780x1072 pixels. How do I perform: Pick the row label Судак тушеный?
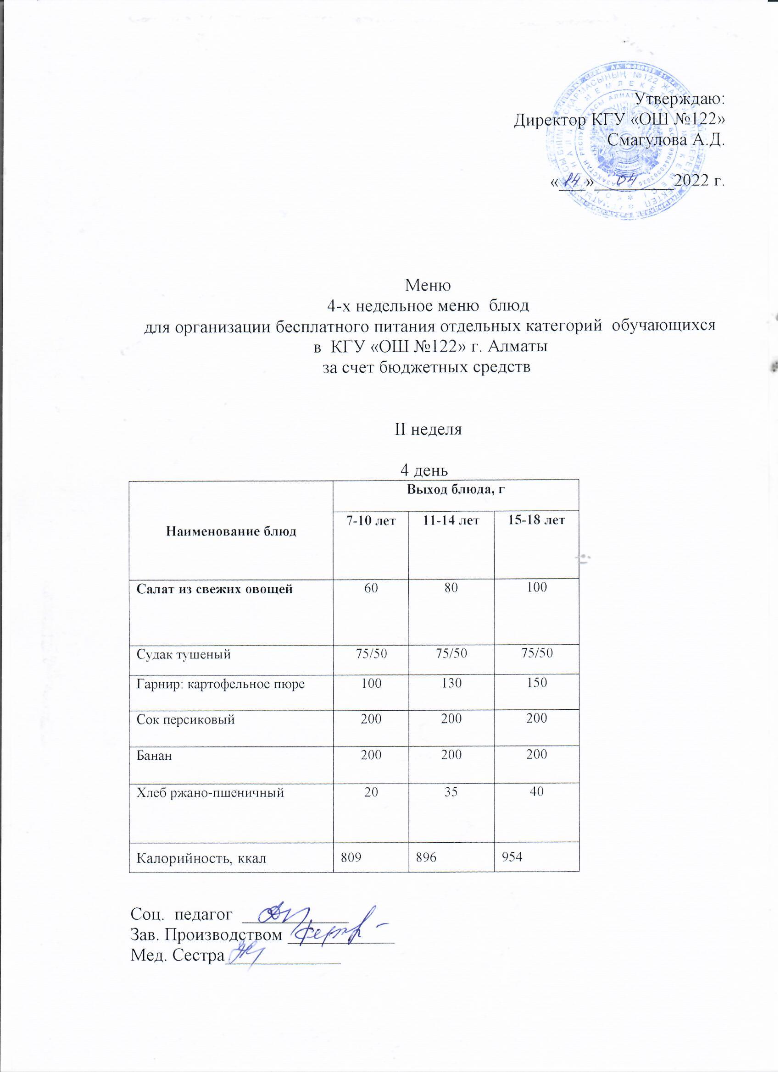[184, 655]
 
